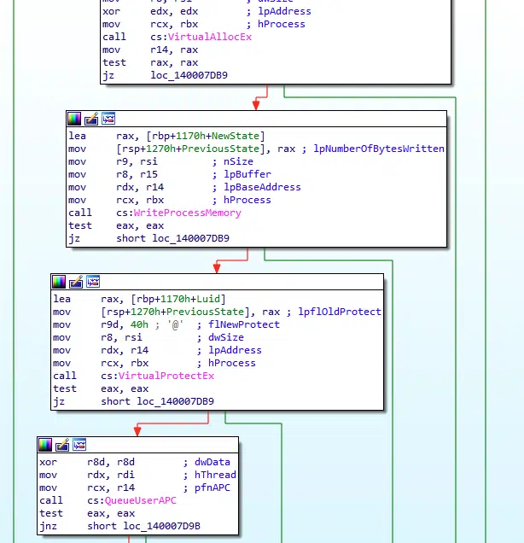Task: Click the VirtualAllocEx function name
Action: point(210,37)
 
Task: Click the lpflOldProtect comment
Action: point(340,312)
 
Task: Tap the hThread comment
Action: point(216,475)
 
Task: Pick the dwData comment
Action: point(213,462)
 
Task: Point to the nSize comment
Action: point(237,161)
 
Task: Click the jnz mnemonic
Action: point(48,526)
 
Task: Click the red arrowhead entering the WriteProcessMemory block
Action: point(255,105)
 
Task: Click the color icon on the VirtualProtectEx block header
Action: point(59,281)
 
